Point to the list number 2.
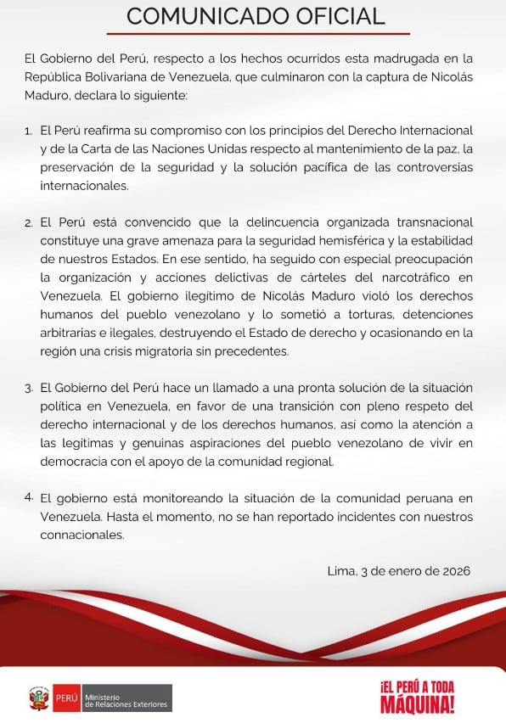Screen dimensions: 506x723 (x=29, y=223)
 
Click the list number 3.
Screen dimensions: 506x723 (x=29, y=387)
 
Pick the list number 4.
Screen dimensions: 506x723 (x=29, y=496)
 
